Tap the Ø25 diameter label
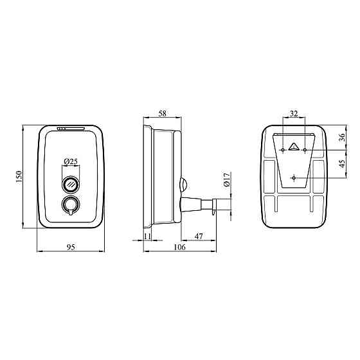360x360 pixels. (x=71, y=161)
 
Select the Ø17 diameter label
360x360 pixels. (x=226, y=179)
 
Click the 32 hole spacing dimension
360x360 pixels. (x=294, y=114)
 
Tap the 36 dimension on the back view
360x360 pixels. (x=342, y=136)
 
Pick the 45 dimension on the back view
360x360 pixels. (x=342, y=163)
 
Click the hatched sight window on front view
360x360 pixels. (x=71, y=184)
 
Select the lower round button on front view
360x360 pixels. (x=71, y=205)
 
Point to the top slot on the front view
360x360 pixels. (x=71, y=128)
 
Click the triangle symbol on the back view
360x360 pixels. (x=294, y=146)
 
